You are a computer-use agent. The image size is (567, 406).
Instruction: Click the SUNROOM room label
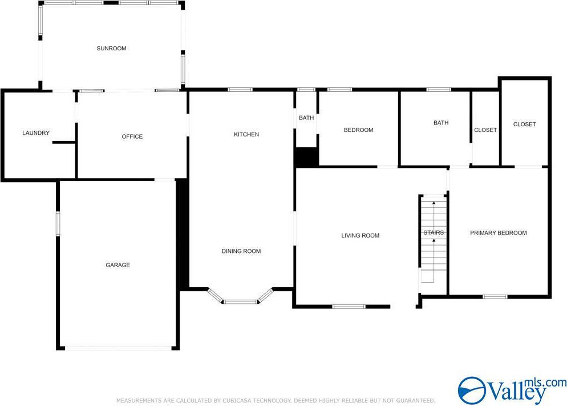tap(111, 49)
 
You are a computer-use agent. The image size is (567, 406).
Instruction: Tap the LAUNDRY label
tap(36, 133)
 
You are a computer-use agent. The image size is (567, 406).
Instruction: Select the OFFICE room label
tap(132, 137)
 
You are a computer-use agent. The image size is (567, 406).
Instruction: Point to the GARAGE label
tap(118, 265)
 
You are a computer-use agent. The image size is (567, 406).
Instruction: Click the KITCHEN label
tap(246, 135)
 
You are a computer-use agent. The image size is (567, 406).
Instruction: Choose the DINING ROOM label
tap(241, 251)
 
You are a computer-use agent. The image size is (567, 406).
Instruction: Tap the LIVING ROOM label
tap(360, 236)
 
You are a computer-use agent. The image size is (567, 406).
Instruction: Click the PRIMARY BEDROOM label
tap(499, 233)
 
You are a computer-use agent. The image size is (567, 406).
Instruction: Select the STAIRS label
tap(434, 232)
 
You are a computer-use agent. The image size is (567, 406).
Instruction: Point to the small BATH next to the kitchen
tap(306, 118)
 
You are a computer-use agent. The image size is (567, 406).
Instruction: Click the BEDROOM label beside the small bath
tap(358, 130)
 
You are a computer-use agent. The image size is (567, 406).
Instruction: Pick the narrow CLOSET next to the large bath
tap(485, 130)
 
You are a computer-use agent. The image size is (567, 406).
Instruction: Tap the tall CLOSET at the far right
tap(524, 124)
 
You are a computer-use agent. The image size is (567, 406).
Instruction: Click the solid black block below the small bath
tap(307, 156)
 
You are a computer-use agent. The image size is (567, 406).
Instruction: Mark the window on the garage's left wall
tap(58, 224)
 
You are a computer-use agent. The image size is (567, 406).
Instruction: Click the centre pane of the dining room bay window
tap(240, 302)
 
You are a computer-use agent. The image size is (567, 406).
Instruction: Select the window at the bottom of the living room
tap(349, 307)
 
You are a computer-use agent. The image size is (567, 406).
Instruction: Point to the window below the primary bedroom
tap(495, 297)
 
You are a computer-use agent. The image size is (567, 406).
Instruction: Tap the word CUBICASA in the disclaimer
tap(237, 400)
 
